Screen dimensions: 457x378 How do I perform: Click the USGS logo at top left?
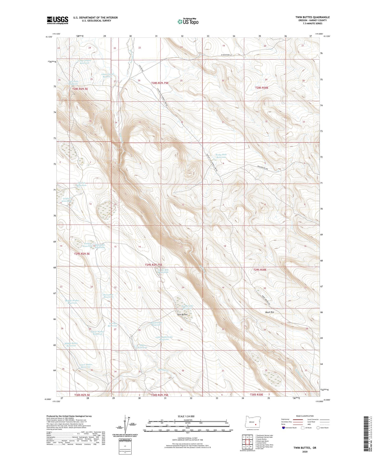coord(57,20)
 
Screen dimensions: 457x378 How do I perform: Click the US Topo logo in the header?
coord(188,21)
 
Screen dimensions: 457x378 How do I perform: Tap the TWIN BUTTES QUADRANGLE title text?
coord(312,17)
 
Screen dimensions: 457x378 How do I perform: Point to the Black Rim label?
coord(269,312)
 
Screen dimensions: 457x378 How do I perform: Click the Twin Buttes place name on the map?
coord(182,315)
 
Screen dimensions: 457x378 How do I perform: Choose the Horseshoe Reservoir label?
coord(108,296)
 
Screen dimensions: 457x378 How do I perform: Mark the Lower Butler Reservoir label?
coord(85,366)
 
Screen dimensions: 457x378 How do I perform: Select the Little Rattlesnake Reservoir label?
coord(164,338)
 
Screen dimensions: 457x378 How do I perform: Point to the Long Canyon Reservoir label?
coord(84,62)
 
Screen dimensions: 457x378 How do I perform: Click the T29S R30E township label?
coord(260,270)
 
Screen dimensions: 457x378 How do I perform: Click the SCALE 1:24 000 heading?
coord(186,416)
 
